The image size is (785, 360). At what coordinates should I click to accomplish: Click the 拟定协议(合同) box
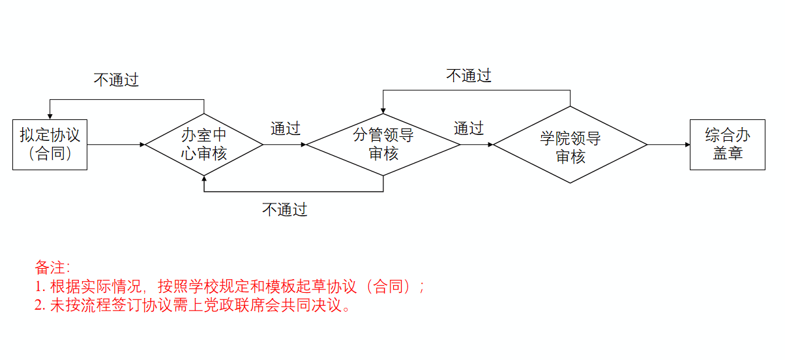(50, 145)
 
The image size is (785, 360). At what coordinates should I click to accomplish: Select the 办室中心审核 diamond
(204, 145)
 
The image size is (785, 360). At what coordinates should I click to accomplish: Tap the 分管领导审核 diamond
(383, 145)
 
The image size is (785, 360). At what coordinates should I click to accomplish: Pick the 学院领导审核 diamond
(570, 145)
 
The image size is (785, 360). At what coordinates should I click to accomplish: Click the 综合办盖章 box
(727, 145)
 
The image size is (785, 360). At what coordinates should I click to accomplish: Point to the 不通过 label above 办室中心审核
(116, 80)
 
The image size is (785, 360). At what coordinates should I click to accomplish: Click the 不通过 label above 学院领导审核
(468, 76)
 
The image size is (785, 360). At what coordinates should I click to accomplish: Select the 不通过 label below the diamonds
(284, 209)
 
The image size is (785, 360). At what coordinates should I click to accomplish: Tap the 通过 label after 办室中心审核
(285, 128)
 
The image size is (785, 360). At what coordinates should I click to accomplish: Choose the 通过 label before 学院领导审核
(468, 128)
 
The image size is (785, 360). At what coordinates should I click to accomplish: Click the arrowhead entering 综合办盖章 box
(687, 145)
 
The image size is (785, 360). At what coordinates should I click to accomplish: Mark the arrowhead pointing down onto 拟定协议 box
(50, 116)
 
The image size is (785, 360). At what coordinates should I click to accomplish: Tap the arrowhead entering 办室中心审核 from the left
(142, 145)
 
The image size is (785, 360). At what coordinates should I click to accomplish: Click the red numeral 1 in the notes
(38, 286)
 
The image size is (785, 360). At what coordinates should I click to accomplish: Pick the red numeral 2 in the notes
(38, 305)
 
